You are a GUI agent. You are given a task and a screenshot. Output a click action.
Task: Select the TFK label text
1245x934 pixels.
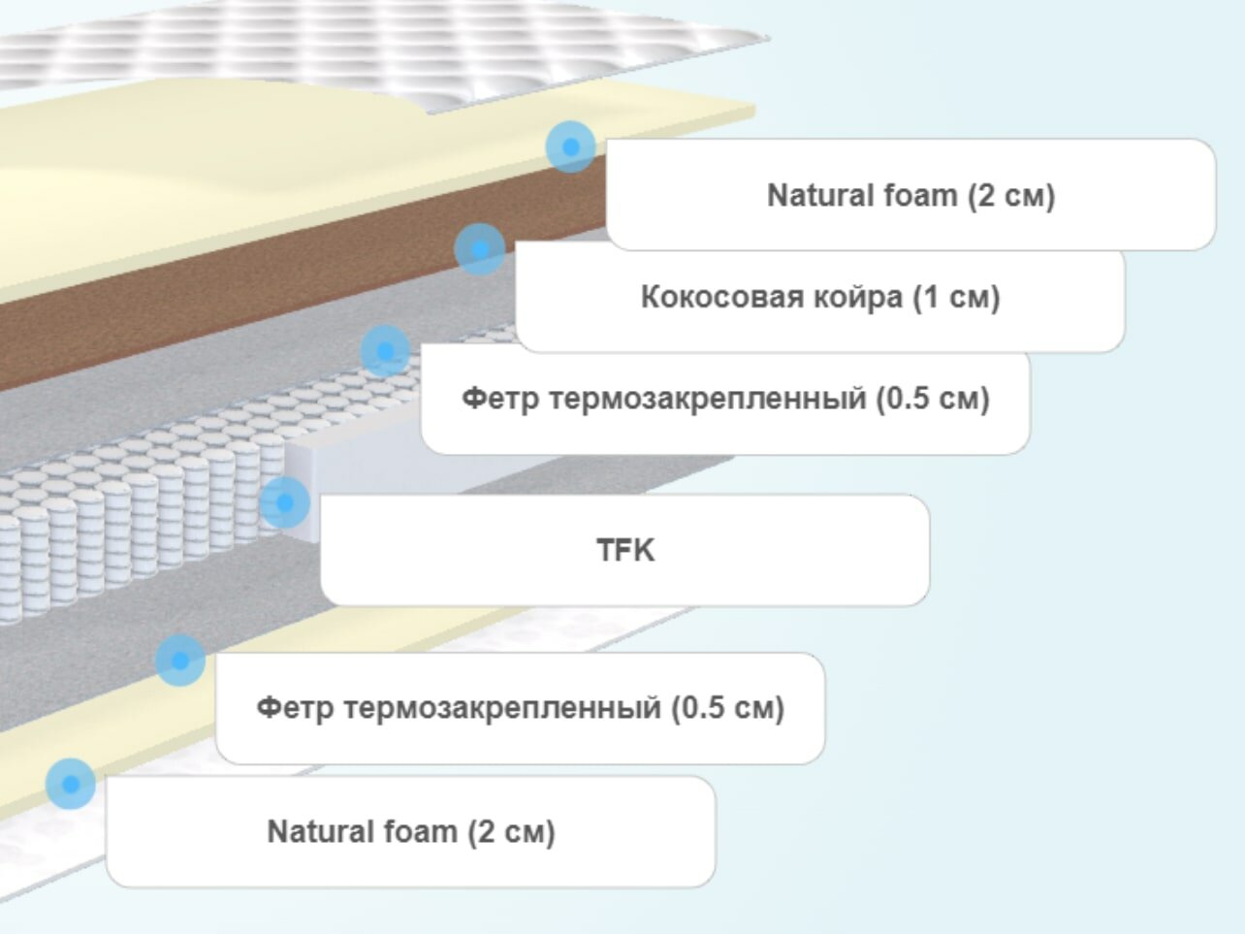pyautogui.click(x=625, y=550)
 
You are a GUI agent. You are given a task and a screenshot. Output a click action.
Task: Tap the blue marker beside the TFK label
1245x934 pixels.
pyautogui.click(x=285, y=502)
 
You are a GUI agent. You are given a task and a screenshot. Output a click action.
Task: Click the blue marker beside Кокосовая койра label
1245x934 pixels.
pyautogui.click(x=479, y=249)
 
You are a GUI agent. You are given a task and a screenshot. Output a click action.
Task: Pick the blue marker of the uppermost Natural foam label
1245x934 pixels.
pyautogui.click(x=570, y=146)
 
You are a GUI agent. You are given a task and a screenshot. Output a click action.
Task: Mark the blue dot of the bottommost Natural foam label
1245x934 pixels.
pyautogui.click(x=70, y=783)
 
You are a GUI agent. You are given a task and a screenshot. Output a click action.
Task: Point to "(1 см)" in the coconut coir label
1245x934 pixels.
pyautogui.click(x=956, y=297)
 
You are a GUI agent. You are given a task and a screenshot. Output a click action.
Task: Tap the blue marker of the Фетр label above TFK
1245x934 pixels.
pyautogui.click(x=385, y=351)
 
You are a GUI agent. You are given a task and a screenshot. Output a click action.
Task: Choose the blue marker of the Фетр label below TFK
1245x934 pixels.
pyautogui.click(x=180, y=660)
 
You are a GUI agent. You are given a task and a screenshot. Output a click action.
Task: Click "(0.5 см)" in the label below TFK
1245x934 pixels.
pyautogui.click(x=728, y=707)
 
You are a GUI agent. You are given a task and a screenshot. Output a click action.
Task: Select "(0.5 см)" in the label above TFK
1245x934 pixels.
pyautogui.click(x=933, y=399)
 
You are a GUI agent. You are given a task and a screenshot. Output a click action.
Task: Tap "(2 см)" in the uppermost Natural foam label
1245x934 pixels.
pyautogui.click(x=1010, y=195)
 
